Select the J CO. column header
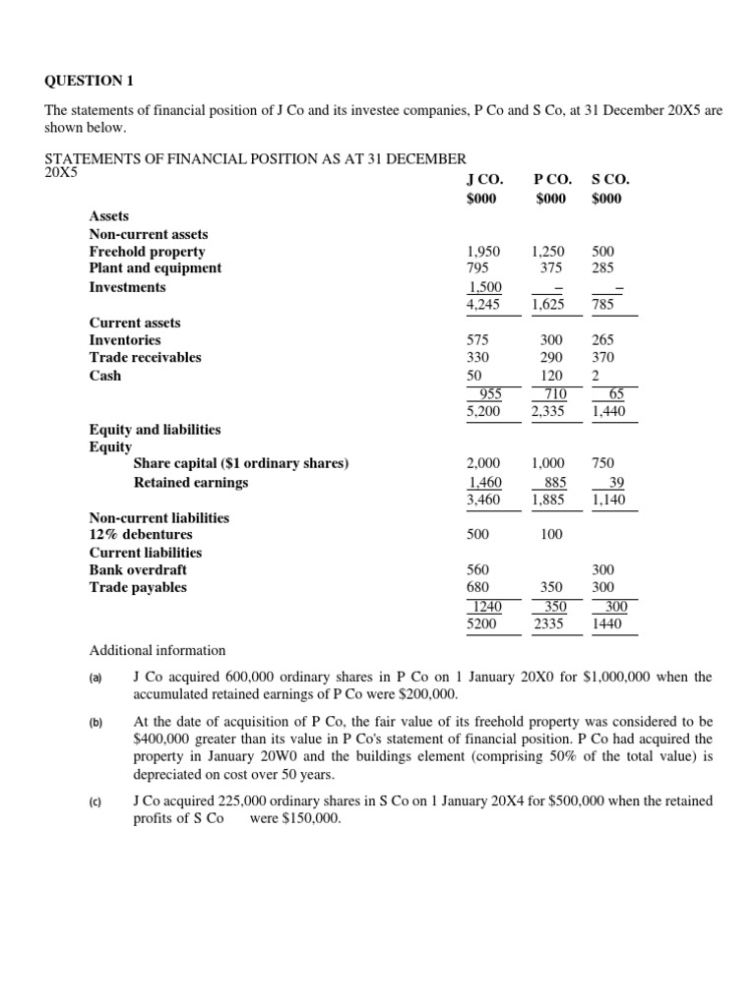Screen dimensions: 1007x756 (x=484, y=179)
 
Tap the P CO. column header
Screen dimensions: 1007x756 (x=551, y=179)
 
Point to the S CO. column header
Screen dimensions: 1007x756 (x=610, y=179)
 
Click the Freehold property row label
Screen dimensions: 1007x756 (x=147, y=251)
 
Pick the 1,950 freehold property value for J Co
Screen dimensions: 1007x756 (x=483, y=251)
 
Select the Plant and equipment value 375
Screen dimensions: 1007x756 (x=547, y=268)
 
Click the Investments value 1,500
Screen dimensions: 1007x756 (x=483, y=287)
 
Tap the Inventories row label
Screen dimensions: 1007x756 (x=125, y=340)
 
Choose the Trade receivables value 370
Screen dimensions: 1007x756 (x=603, y=358)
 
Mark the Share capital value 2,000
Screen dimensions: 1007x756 (x=483, y=463)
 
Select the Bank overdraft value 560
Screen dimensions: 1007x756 (x=478, y=570)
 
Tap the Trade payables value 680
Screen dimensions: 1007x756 (x=478, y=588)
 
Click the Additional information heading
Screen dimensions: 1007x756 (x=157, y=651)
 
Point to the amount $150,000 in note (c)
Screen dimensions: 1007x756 (x=308, y=820)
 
